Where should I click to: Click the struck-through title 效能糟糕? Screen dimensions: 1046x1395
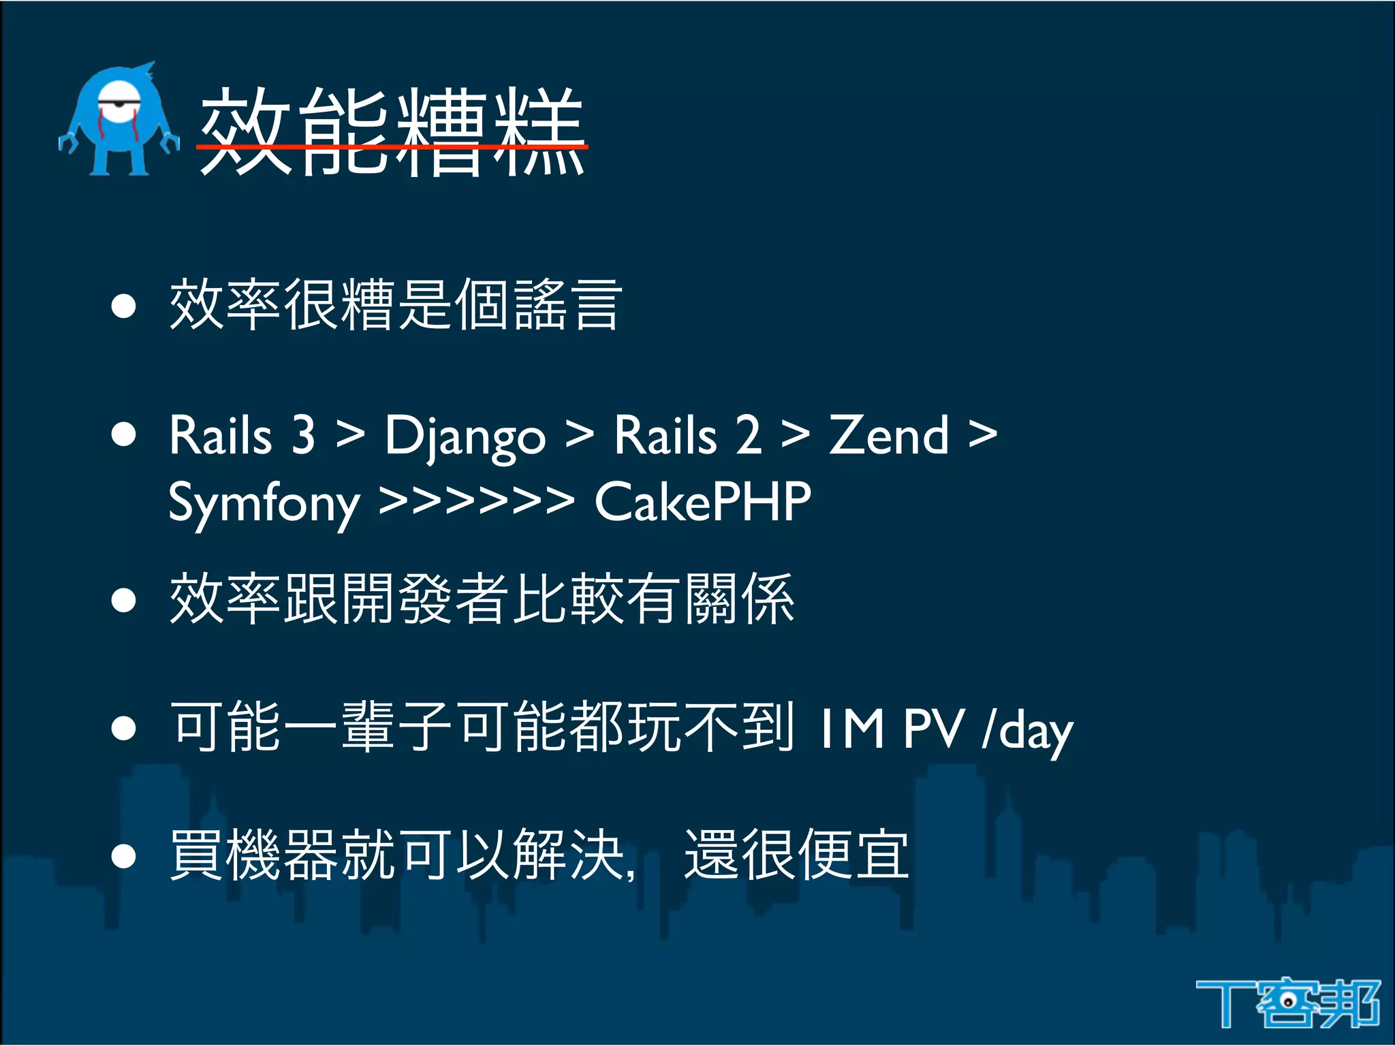tap(392, 133)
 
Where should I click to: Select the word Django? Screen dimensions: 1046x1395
tap(465, 436)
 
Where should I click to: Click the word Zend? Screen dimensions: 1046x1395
tap(888, 436)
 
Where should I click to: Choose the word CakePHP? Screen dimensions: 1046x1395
tap(702, 503)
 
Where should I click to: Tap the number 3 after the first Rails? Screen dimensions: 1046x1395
tap(303, 436)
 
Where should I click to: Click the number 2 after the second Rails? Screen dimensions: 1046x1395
tap(747, 436)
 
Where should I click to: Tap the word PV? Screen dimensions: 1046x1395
tap(933, 729)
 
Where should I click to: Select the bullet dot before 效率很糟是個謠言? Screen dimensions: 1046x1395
tap(124, 306)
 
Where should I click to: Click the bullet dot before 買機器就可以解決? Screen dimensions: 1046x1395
tap(124, 856)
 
